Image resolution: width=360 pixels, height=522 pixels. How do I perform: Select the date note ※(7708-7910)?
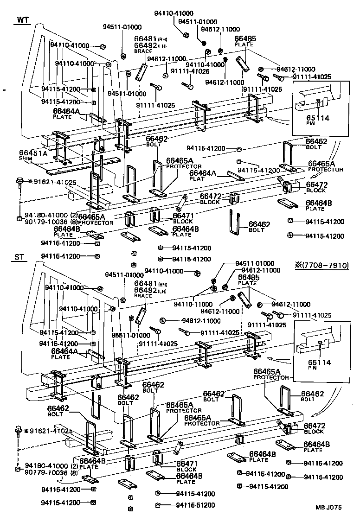321,266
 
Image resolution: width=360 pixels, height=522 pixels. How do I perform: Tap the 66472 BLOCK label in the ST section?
314,428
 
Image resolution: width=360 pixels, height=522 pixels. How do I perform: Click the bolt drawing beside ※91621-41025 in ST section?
19,431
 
